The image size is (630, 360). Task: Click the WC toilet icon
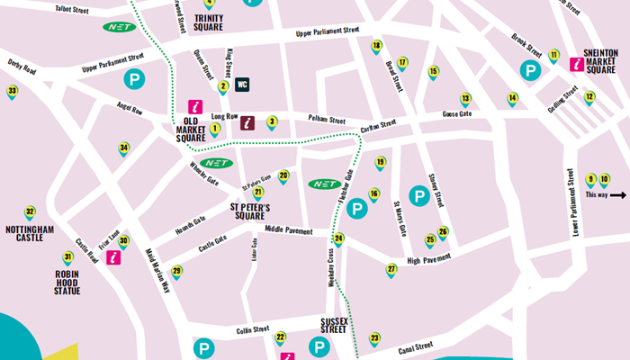(242, 85)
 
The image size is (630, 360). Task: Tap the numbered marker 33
(12, 92)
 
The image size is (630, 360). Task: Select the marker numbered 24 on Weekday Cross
(338, 240)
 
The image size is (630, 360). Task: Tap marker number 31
(67, 258)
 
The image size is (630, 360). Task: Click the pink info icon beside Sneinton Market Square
(576, 64)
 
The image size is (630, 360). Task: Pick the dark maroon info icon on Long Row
(249, 123)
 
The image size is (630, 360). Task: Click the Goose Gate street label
(455, 115)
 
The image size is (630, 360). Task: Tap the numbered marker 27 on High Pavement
(391, 270)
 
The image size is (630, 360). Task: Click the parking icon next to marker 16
(357, 209)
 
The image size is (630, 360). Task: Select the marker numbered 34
(124, 148)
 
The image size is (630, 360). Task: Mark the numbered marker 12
(589, 97)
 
